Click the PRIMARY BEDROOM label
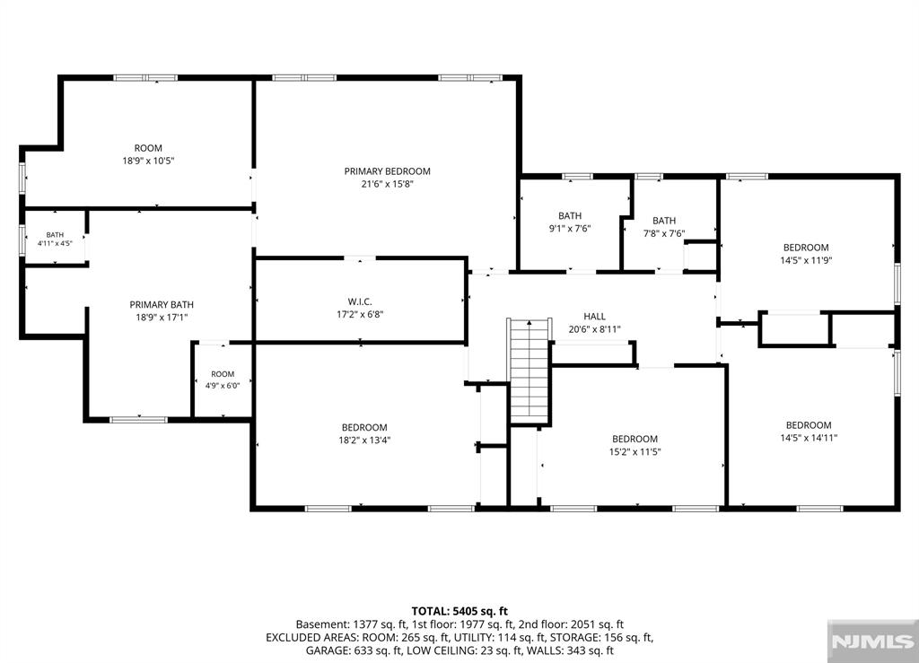coord(387,171)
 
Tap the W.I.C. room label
coord(360,301)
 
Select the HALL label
coord(594,317)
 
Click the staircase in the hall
coord(530,371)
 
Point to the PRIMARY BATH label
coord(162,304)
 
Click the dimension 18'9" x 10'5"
coord(148,161)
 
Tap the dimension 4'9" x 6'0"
coord(223,386)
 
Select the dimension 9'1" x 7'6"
coord(570,229)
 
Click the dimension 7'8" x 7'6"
coord(664,233)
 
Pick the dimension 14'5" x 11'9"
coord(806,260)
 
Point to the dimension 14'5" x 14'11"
coord(809,438)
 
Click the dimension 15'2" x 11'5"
coord(635,451)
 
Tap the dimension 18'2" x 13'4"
coord(364,440)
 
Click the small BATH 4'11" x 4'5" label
coord(55,239)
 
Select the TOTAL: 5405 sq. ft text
coord(459,612)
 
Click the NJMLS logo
coord(872,641)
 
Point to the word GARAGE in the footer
coord(326,650)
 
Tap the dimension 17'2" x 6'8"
coord(360,315)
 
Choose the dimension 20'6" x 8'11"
coord(594,329)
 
